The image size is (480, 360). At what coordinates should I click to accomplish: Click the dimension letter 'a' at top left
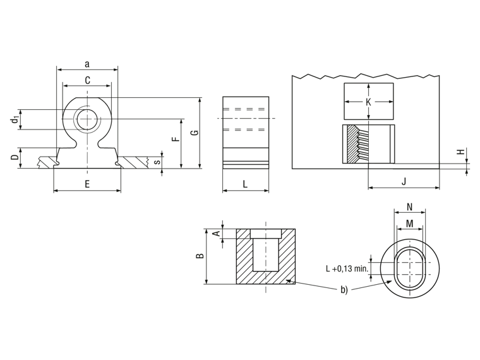coord(87,64)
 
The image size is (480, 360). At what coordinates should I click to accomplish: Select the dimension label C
coord(88,80)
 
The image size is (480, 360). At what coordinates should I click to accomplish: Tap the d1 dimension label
coord(15,120)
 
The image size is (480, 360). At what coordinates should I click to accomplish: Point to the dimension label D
coord(15,158)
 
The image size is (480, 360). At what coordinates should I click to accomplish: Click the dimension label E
coord(87,184)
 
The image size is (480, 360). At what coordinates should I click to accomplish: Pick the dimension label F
coord(176,140)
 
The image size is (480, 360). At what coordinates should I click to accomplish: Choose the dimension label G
coord(195,133)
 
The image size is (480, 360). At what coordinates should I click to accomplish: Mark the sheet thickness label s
coord(157,162)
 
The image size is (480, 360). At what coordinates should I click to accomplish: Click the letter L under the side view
coord(245,184)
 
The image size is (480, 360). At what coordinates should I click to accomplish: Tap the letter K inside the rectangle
coord(368,102)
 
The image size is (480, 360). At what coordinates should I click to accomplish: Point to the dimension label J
coord(404,182)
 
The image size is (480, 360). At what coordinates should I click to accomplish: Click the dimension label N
coord(410,207)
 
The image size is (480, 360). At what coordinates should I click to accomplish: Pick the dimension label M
coord(410,224)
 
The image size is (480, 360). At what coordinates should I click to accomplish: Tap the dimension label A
coord(217,234)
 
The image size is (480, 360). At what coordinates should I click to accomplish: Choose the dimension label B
coord(200,256)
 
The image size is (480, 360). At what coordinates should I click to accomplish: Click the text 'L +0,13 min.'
coord(347,269)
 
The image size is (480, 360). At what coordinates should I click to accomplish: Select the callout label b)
coord(344,290)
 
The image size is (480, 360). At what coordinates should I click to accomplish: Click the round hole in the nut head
coord(87,119)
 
